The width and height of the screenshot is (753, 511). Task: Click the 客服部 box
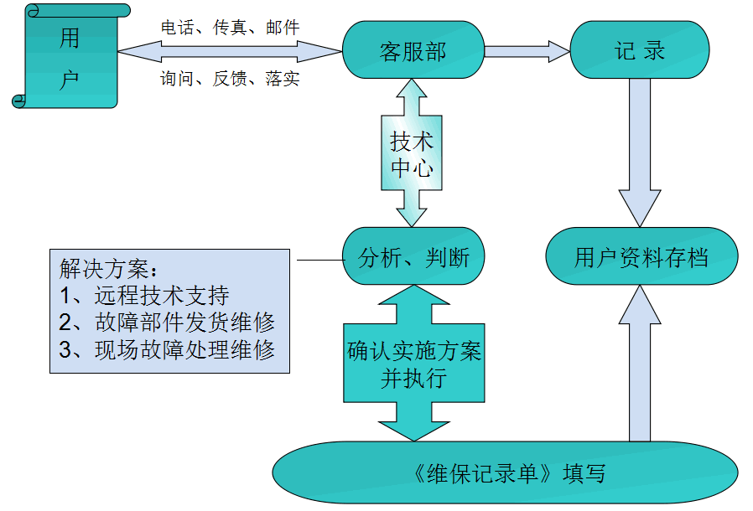pyautogui.click(x=413, y=50)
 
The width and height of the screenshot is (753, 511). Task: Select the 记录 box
pyautogui.click(x=639, y=50)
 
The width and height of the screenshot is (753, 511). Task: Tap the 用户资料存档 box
pyautogui.click(x=641, y=256)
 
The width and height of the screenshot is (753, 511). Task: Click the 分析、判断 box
pyautogui.click(x=413, y=256)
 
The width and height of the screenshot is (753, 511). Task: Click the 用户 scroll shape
pyautogui.click(x=70, y=57)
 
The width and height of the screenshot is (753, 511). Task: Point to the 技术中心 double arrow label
pyautogui.click(x=413, y=154)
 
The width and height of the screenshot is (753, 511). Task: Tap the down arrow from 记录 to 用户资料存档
pyautogui.click(x=640, y=159)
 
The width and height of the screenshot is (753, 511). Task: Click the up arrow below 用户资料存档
pyautogui.click(x=640, y=369)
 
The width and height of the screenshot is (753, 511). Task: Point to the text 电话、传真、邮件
pyautogui.click(x=230, y=28)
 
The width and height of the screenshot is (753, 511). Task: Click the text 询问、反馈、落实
pyautogui.click(x=230, y=80)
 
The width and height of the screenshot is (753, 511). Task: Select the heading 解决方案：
pyautogui.click(x=109, y=270)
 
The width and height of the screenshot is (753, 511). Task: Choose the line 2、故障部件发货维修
pyautogui.click(x=167, y=323)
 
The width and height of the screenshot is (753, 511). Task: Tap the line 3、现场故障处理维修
pyautogui.click(x=167, y=349)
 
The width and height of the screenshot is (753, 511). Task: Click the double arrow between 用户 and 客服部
pyautogui.click(x=230, y=53)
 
